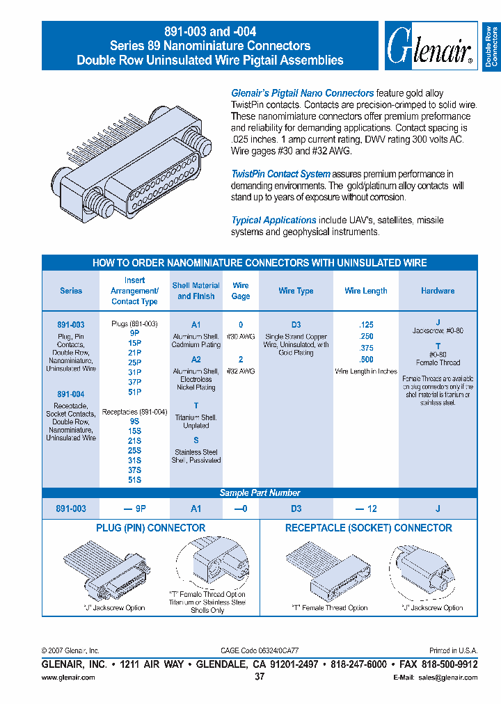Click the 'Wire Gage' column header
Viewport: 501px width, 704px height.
(241, 291)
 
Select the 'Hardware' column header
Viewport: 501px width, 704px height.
(438, 291)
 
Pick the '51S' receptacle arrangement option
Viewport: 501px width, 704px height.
(134, 479)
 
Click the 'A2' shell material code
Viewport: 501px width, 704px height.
(196, 360)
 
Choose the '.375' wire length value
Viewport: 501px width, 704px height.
(366, 349)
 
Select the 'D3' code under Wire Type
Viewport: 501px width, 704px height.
(296, 325)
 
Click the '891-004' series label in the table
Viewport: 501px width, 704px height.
(70, 394)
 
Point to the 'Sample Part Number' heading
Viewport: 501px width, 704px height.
(260, 493)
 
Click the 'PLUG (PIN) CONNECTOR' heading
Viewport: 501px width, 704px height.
(150, 528)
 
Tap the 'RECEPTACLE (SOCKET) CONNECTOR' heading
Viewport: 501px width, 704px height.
(368, 528)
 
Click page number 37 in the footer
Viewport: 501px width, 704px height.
(260, 677)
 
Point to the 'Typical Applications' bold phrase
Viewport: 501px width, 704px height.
(273, 220)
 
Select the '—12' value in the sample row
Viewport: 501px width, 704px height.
(366, 509)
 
